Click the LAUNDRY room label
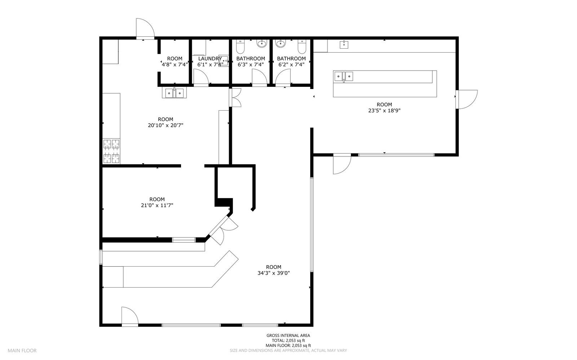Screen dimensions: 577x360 tap(210, 59)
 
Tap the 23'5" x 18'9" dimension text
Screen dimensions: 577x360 tap(384, 111)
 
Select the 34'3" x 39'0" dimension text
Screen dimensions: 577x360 tap(274, 273)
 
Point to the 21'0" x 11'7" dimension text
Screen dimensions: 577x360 tap(157, 205)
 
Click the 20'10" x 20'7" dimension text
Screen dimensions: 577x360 tap(166, 125)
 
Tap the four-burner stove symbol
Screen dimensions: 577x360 tap(111, 151)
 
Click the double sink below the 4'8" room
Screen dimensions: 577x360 tap(175, 93)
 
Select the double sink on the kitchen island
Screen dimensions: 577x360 tap(344, 77)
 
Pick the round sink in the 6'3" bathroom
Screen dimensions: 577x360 tap(261, 44)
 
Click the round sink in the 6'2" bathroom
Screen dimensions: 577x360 tap(280, 44)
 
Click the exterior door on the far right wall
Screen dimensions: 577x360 tap(467, 99)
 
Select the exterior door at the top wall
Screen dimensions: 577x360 tap(145, 28)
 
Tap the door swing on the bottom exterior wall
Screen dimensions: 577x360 tap(130, 316)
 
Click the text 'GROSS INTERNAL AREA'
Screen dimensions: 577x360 tap(288, 335)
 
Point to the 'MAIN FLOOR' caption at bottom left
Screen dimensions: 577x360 tap(22, 351)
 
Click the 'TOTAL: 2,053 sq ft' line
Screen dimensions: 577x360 tap(288, 341)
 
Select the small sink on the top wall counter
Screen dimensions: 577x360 tap(344, 44)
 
